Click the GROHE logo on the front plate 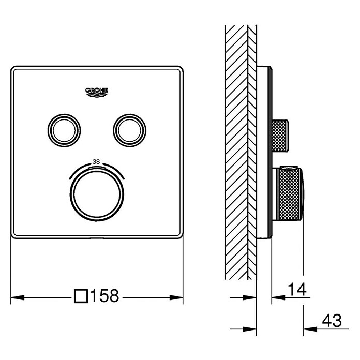coord(97,93)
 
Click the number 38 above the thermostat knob coord(96,161)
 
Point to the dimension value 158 coord(105,296)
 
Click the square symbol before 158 coord(81,296)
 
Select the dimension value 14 coord(297,289)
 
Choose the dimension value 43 coord(332,321)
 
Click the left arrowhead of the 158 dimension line coord(18,297)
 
